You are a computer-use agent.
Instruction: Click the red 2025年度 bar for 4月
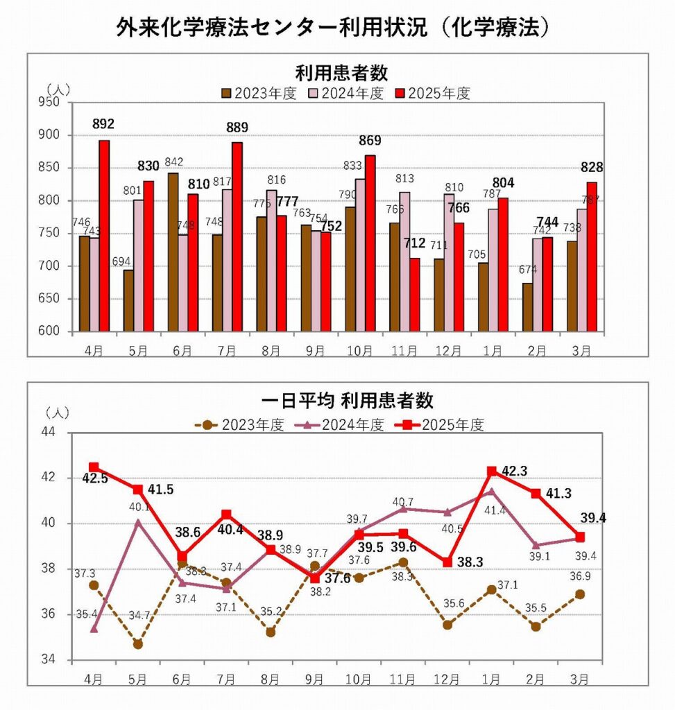tap(104, 236)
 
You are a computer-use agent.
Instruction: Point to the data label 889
tap(237, 128)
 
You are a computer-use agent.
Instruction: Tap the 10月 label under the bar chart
tap(359, 351)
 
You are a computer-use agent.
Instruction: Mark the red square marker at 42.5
tap(94, 467)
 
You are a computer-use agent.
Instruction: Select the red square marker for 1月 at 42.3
tap(492, 471)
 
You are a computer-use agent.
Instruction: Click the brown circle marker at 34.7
tap(138, 644)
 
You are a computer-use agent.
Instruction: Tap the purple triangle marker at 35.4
tap(94, 628)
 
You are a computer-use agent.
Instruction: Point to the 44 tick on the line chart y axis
tap(59, 433)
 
